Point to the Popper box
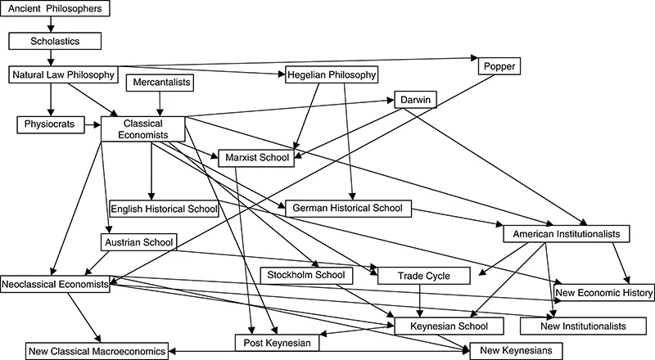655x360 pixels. click(x=496, y=65)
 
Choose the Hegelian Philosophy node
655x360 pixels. click(x=331, y=74)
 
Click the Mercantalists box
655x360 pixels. click(x=158, y=82)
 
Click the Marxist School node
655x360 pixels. click(x=255, y=158)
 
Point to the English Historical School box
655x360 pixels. click(x=164, y=208)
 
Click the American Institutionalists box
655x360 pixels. click(x=564, y=234)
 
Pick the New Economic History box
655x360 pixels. click(x=603, y=291)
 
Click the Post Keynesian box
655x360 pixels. click(x=276, y=343)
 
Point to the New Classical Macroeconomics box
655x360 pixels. click(x=97, y=351)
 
